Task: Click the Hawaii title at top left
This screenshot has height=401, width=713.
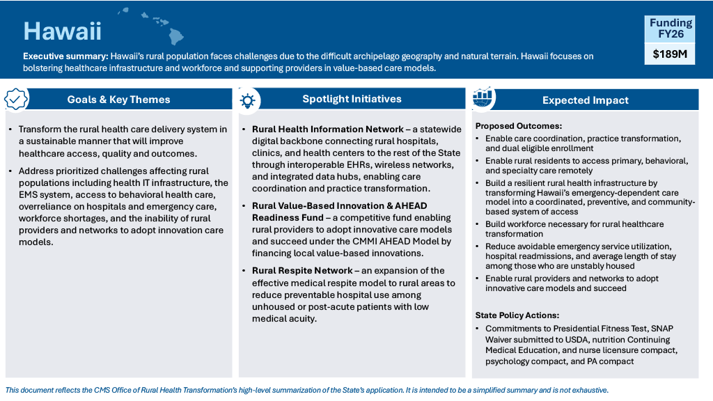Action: click(63, 31)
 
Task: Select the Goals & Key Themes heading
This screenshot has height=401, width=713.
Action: click(118, 100)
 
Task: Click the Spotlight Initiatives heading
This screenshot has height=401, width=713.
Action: click(352, 99)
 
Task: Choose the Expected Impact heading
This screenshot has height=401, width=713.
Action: click(585, 100)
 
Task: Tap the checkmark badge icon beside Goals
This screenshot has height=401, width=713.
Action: click(16, 99)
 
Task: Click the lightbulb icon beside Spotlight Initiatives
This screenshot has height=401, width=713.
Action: click(247, 100)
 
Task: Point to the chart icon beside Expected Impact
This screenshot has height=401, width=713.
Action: click(483, 99)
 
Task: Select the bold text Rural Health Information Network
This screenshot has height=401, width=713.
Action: click(328, 129)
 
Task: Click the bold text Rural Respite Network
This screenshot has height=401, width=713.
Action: click(302, 271)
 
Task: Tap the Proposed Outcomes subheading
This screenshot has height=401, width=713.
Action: click(519, 126)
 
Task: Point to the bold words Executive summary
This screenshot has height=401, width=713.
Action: click(65, 56)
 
